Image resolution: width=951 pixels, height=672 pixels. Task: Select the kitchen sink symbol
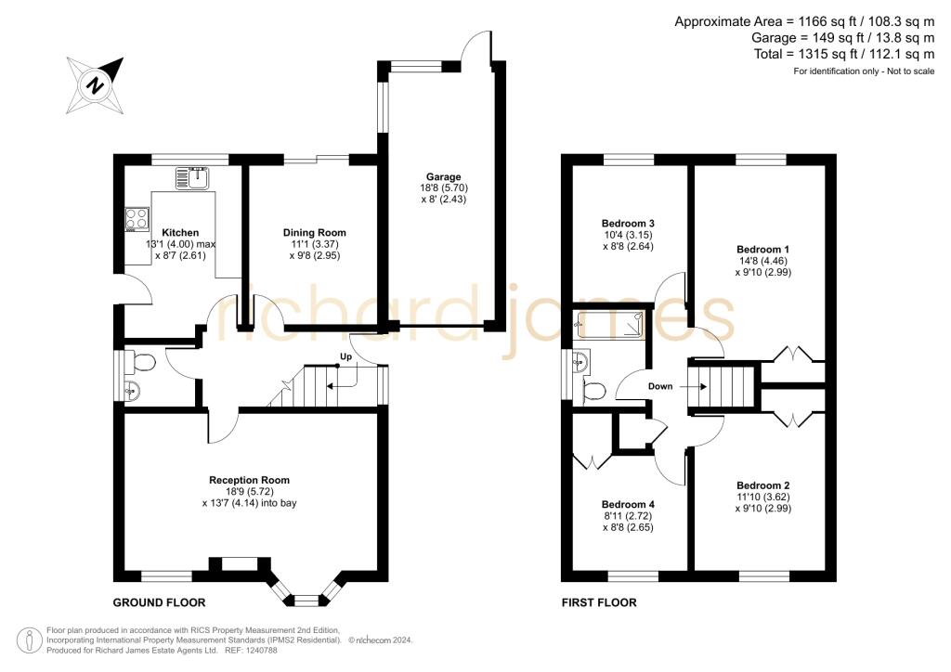194,176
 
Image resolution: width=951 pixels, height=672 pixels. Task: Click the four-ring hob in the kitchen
137,219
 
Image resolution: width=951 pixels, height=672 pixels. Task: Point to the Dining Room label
315,233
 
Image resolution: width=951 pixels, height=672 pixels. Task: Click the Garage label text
444,177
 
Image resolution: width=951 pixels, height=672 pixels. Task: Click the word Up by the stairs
345,356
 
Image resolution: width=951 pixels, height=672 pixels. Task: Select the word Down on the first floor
661,386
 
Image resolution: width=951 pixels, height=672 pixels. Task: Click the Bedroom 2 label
763,485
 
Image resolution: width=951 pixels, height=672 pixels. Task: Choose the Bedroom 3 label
628,224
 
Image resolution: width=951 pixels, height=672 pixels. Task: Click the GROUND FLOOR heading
159,602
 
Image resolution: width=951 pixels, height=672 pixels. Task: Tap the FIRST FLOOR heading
599,602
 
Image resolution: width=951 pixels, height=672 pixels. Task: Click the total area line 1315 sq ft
844,55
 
